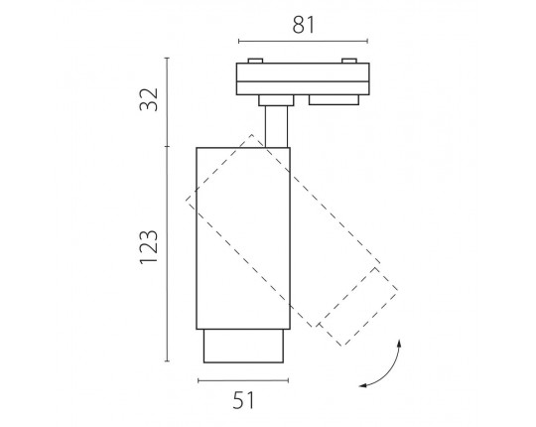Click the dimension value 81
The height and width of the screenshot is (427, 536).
303,25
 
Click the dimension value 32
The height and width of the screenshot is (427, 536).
149,99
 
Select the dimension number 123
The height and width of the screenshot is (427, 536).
149,247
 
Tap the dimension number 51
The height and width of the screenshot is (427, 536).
244,400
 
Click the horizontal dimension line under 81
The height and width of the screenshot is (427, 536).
303,42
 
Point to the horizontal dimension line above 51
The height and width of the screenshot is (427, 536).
243,380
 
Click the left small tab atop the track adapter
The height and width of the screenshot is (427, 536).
255,61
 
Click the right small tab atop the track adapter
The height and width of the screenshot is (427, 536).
349,61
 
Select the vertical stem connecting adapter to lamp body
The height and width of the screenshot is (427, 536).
276,126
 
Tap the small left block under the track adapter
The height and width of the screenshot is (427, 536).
276,100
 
